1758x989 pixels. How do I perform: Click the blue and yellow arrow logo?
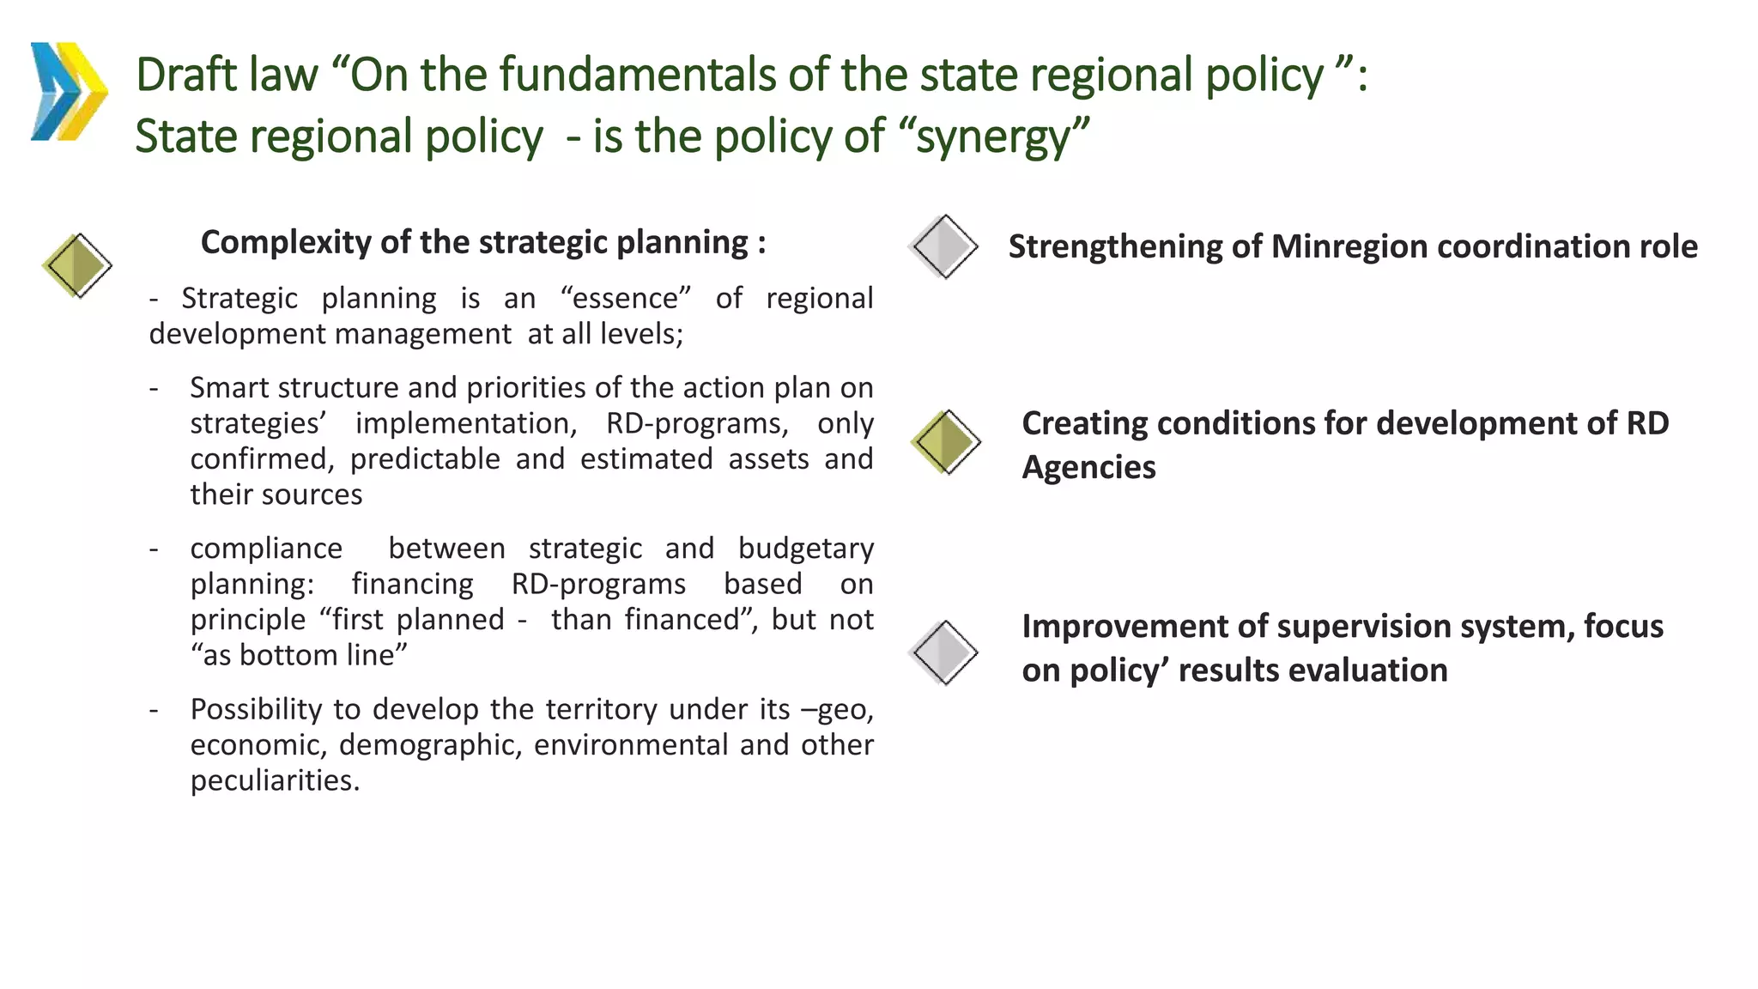pyautogui.click(x=69, y=91)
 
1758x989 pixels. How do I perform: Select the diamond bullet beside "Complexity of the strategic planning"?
pyautogui.click(x=77, y=265)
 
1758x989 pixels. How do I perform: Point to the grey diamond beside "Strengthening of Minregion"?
pyautogui.click(x=943, y=246)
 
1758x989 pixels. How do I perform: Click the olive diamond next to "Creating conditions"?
pyautogui.click(x=945, y=442)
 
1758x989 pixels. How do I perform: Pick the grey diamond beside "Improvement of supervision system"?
pyautogui.click(x=943, y=652)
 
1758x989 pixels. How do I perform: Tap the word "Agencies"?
pyautogui.click(x=1088, y=468)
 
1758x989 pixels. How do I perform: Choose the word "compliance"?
pyautogui.click(x=266, y=549)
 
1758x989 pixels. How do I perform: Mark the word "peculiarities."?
pyautogui.click(x=275, y=780)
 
